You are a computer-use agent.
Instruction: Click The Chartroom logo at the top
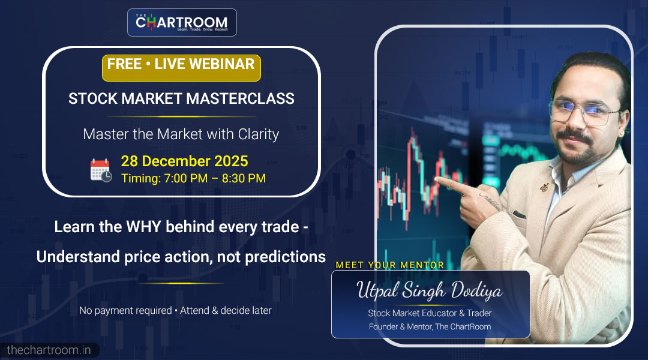coord(182,23)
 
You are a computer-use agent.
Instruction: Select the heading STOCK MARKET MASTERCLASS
coord(181,99)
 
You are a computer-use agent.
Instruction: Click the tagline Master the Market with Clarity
coord(181,134)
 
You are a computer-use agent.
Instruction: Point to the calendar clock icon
coord(101,170)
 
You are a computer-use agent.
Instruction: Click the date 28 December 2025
coord(184,161)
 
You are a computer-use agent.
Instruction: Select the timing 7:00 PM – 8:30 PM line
coord(193,178)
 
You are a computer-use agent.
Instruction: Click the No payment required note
coord(175,310)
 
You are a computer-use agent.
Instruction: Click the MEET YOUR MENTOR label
coord(389,265)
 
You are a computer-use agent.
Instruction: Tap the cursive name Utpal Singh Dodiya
coord(430,292)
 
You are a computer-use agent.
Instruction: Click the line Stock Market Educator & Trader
coord(430,313)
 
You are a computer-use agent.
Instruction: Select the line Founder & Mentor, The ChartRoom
coord(430,327)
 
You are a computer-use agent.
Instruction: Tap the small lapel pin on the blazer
coord(545,187)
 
